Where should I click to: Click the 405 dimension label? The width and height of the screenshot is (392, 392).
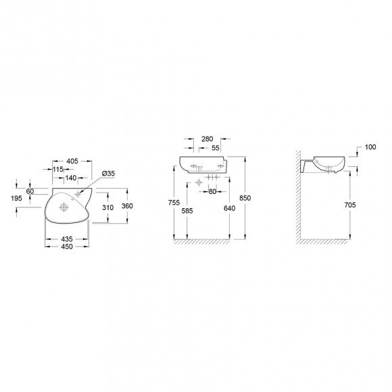(x=72, y=162)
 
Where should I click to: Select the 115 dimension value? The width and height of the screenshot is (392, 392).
(x=58, y=170)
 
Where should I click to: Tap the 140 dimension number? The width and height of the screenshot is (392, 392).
(x=71, y=178)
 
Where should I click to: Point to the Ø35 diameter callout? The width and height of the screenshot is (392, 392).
(x=108, y=173)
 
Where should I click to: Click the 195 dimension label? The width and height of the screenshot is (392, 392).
(x=16, y=198)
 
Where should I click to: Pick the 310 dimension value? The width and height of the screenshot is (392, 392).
(x=107, y=207)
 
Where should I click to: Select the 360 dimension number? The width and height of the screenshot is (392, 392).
(x=127, y=206)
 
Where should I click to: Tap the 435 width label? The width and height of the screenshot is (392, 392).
(x=67, y=239)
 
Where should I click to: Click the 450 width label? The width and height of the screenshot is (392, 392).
(x=67, y=247)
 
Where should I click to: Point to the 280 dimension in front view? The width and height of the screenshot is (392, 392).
(x=207, y=139)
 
